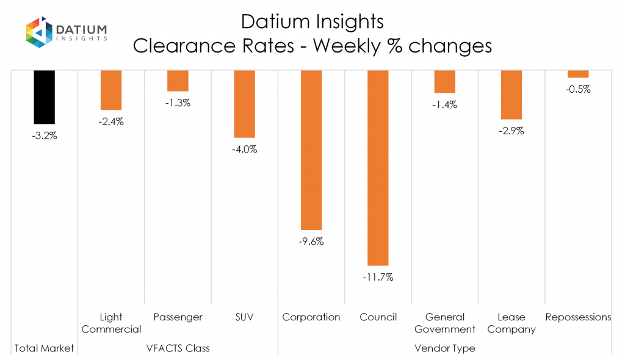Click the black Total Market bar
pyautogui.click(x=44, y=96)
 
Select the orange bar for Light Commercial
pyautogui.click(x=111, y=90)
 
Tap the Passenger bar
pyautogui.click(x=178, y=81)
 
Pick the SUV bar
pyautogui.click(x=245, y=104)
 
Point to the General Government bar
pyautogui.click(x=445, y=81)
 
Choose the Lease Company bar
pyautogui.click(x=511, y=95)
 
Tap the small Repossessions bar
pyautogui.click(x=578, y=74)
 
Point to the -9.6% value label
pyautogui.click(x=311, y=241)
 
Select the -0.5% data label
pyautogui.click(x=578, y=89)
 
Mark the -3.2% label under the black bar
pyautogui.click(x=44, y=135)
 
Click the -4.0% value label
pyautogui.click(x=245, y=149)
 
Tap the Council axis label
pyautogui.click(x=378, y=317)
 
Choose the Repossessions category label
pyautogui.click(x=578, y=317)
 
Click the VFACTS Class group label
pyautogui.click(x=178, y=348)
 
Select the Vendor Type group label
pyautogui.click(x=445, y=348)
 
